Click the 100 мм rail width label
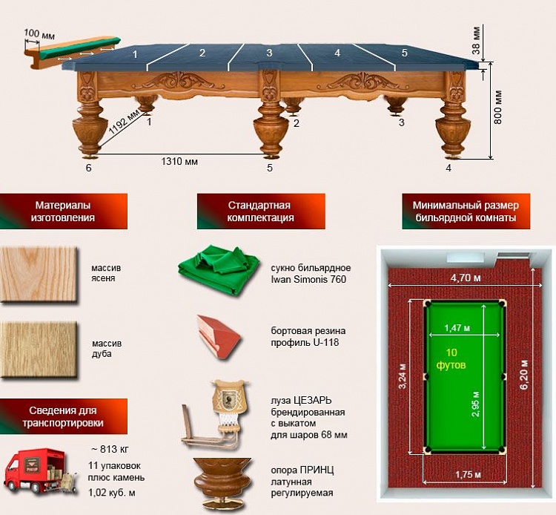tap(39, 34)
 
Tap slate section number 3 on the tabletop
tap(270, 53)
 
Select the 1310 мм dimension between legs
tap(179, 162)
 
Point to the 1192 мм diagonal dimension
tap(124, 122)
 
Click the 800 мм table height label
tap(498, 107)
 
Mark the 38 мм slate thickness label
tap(476, 40)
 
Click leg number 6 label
tap(89, 168)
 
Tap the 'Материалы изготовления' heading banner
tap(64, 211)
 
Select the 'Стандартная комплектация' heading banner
tap(261, 211)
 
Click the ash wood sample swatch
tap(39, 275)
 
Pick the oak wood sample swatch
tap(39, 350)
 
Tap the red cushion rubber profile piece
tap(219, 337)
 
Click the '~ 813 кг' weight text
tap(110, 449)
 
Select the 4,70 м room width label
tap(466, 278)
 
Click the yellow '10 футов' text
tap(451, 359)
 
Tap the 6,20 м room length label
tap(524, 375)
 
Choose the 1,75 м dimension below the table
tap(468, 474)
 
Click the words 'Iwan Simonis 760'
tap(308, 279)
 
